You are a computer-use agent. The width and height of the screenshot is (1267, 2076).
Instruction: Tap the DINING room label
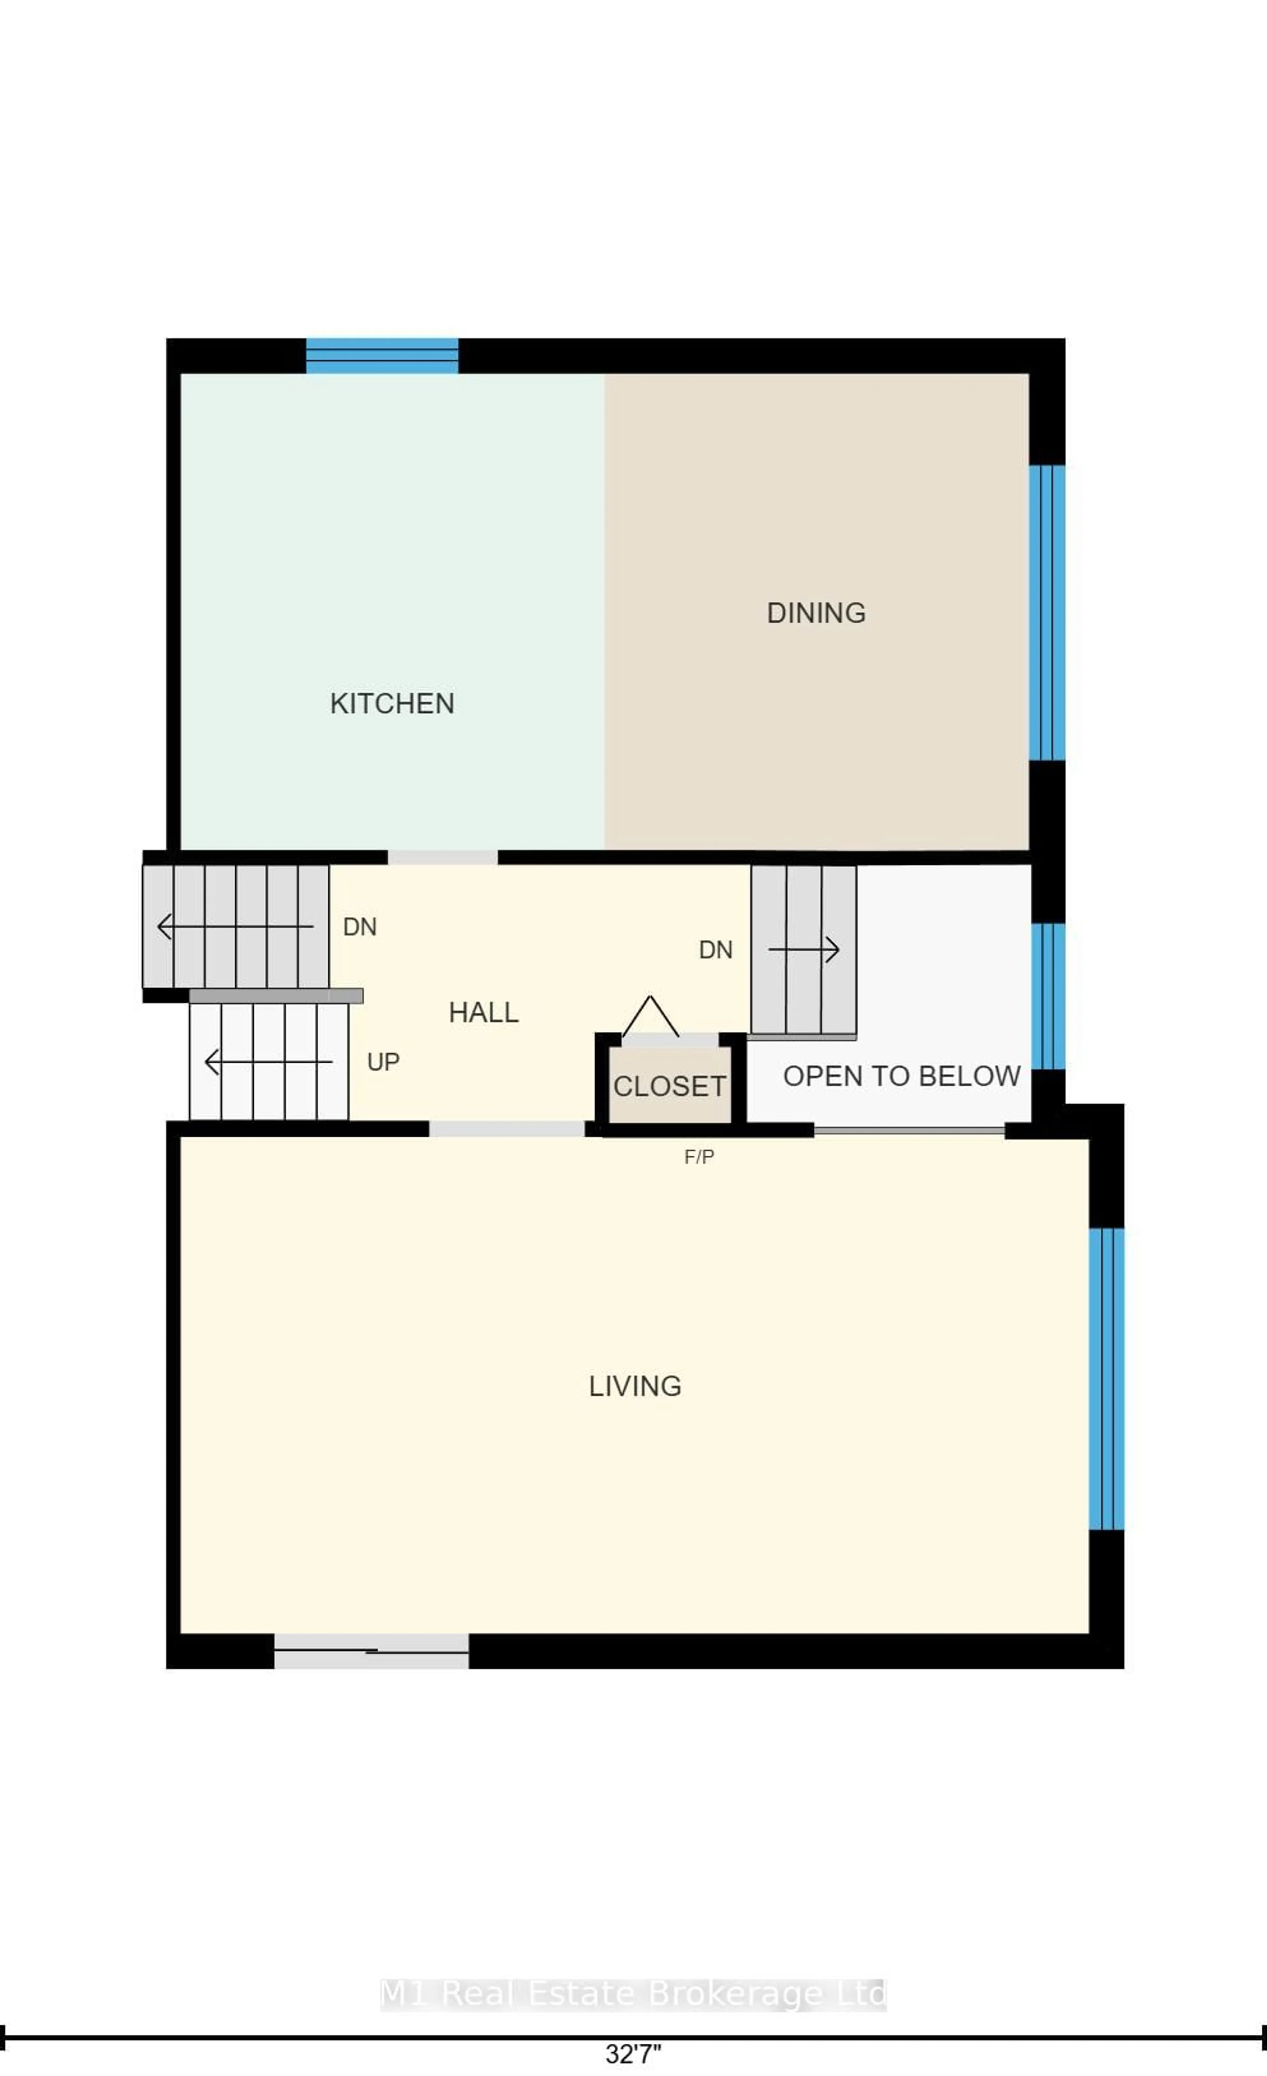[x=815, y=612]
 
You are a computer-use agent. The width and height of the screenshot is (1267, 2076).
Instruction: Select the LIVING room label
[x=634, y=1386]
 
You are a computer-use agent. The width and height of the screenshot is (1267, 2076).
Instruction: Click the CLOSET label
[x=670, y=1086]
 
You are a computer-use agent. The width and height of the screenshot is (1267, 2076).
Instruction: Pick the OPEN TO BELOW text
[x=901, y=1076]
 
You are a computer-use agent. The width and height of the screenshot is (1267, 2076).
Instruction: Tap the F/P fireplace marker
[x=698, y=1157]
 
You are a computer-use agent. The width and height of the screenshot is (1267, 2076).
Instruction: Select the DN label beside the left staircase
[x=360, y=927]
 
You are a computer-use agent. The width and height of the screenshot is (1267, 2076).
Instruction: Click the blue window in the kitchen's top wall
[x=382, y=356]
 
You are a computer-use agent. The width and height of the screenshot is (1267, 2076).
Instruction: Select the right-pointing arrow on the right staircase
[x=804, y=950]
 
